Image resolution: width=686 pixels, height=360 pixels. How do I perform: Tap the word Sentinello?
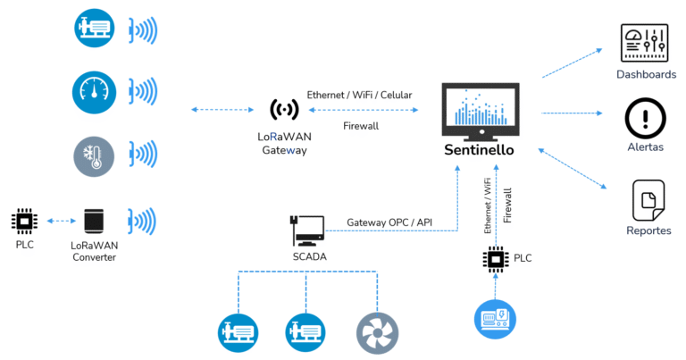coord(479,150)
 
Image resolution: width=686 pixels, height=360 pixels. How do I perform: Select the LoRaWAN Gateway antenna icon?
coord(284,110)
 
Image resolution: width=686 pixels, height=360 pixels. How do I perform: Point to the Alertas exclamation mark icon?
coord(644,117)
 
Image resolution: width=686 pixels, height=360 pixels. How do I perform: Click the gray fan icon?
coord(377,332)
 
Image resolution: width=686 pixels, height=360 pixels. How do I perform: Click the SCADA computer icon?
coord(306,230)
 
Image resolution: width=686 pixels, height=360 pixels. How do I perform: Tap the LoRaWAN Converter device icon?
coord(94,221)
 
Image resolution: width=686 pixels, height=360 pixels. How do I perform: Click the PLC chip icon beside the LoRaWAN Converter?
coord(23,220)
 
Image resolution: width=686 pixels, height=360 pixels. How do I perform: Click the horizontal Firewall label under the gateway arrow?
coord(361,126)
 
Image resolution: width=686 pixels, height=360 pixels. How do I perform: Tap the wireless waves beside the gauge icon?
coord(143,92)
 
